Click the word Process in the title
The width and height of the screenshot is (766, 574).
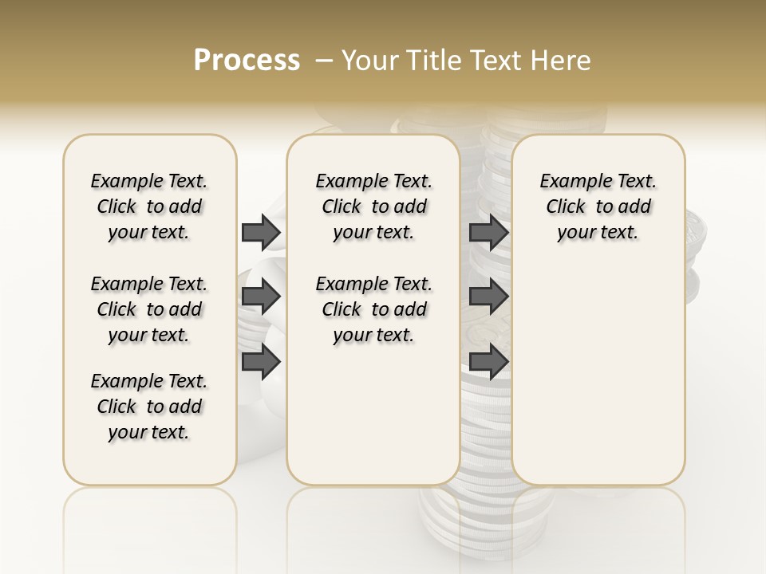click(x=247, y=61)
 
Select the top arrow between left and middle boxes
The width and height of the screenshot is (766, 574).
click(x=261, y=232)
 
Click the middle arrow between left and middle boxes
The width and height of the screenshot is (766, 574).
click(x=261, y=297)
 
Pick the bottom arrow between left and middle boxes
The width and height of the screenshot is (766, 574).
click(x=261, y=361)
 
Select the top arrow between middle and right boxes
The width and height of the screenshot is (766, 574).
click(x=488, y=232)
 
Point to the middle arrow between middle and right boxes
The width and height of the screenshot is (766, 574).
click(x=488, y=297)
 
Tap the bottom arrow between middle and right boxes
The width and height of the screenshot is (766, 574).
click(x=488, y=361)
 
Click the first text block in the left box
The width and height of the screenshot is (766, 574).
click(x=149, y=206)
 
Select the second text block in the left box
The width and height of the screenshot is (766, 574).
click(x=149, y=309)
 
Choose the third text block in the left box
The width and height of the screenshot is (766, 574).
click(x=149, y=407)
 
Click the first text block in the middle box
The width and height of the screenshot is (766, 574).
click(x=373, y=206)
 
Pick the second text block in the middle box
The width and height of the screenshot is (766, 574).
click(x=373, y=309)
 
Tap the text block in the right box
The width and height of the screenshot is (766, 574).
click(x=598, y=206)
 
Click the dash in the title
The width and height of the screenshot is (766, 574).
click(x=324, y=61)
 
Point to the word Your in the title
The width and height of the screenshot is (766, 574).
click(x=369, y=61)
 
